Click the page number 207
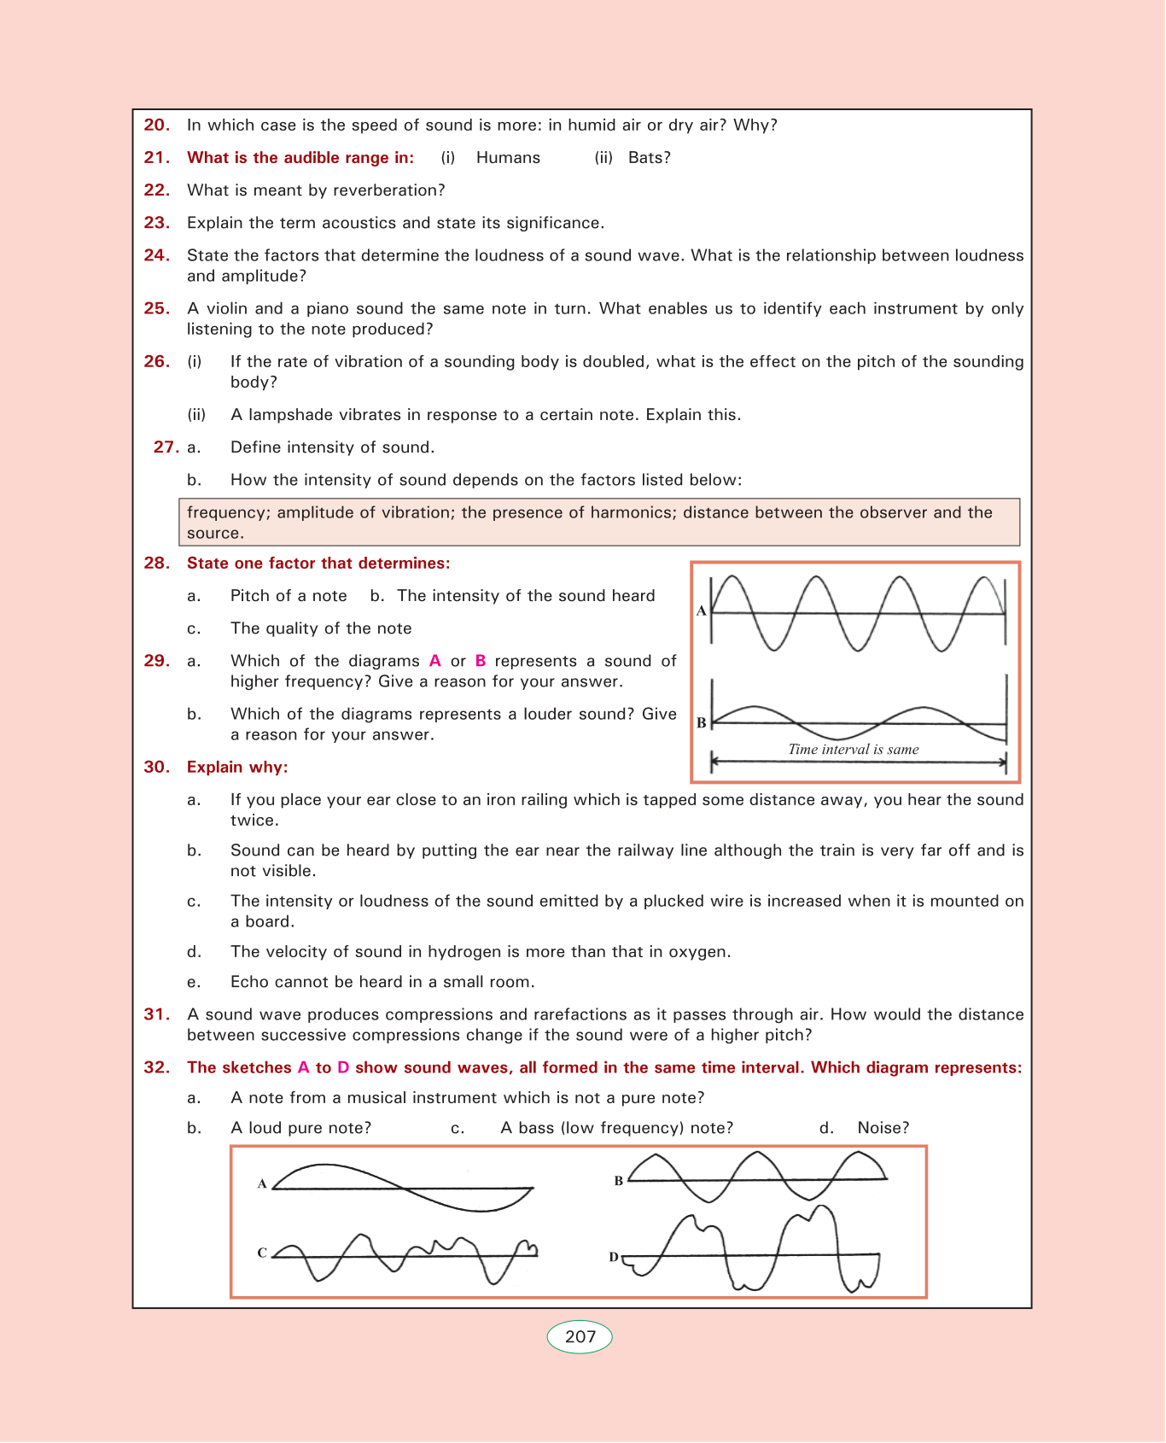point(580,1337)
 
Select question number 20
point(157,126)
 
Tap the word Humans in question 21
point(508,158)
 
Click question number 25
point(157,309)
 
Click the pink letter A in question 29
point(434,661)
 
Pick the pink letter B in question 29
point(481,661)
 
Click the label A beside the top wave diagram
point(702,610)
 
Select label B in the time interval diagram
point(702,722)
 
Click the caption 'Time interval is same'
point(854,750)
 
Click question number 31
point(157,1014)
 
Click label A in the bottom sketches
point(263,1183)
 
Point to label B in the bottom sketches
point(619,1181)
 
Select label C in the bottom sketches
point(263,1253)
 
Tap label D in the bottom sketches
point(614,1257)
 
